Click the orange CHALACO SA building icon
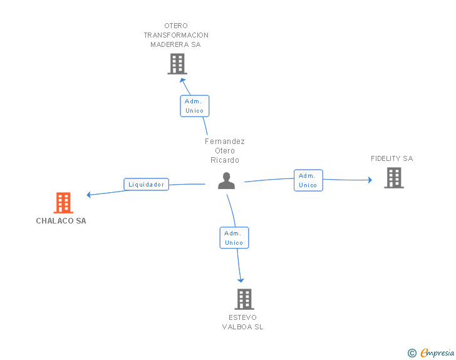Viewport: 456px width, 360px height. (63, 203)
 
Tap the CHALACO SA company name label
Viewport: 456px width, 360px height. (61, 221)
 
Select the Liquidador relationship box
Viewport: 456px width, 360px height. (147, 184)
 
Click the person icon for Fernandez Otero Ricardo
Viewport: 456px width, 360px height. (226, 181)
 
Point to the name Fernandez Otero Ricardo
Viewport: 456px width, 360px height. (225, 151)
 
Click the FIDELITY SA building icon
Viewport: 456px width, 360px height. (394, 178)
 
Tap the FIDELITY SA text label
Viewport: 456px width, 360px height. (392, 159)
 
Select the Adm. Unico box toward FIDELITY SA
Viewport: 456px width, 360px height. (308, 180)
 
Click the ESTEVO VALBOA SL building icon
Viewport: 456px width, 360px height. (244, 299)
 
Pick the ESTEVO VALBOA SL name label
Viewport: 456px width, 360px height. (243, 322)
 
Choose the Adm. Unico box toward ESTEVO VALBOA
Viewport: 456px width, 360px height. (234, 238)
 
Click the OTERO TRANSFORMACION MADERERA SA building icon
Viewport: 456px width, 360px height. (177, 64)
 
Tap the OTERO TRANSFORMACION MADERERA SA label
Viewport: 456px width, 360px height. (176, 35)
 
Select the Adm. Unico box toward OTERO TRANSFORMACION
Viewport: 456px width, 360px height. (195, 106)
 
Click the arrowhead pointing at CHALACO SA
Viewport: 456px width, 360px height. (90, 195)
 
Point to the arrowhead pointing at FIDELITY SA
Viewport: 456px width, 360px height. (369, 180)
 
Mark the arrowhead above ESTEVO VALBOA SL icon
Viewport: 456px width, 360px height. (241, 280)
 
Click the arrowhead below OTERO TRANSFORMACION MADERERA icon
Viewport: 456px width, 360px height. (182, 81)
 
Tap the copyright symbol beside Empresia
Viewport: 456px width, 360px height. (412, 353)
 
